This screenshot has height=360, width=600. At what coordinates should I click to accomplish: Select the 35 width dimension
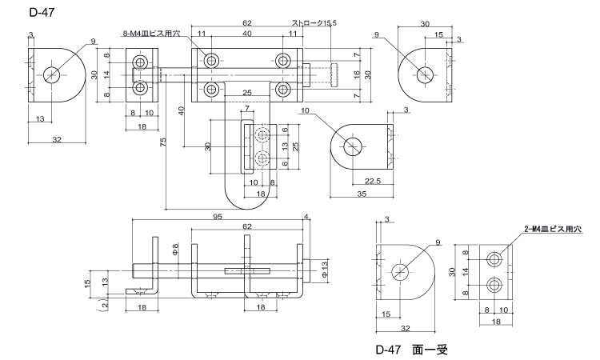362,194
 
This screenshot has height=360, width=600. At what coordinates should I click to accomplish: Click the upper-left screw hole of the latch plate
212,60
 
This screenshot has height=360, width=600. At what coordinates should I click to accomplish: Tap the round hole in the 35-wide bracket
354,146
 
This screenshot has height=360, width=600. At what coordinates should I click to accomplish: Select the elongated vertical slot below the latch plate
248,146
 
